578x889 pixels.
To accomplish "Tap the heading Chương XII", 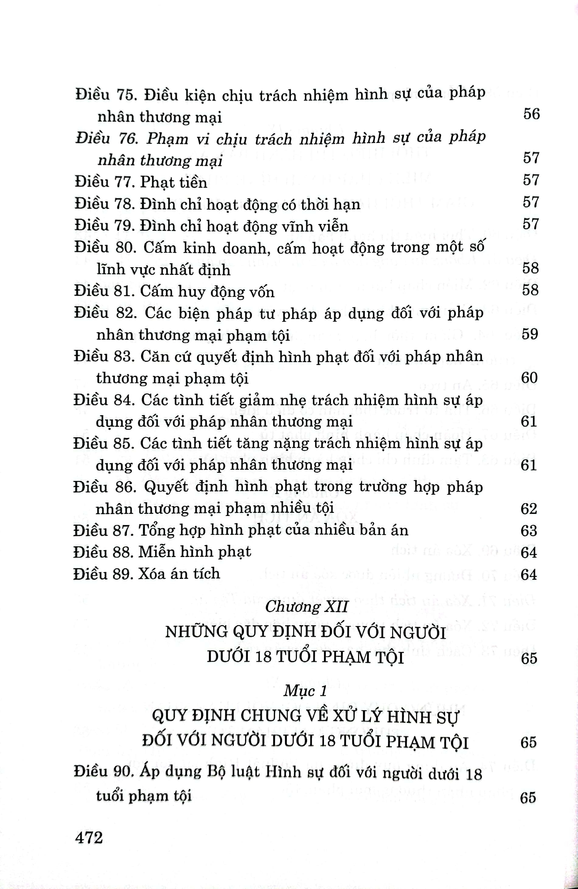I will tap(306, 607).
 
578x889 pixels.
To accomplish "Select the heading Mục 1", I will tap(305, 690).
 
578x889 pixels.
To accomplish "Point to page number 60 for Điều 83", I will tap(529, 378).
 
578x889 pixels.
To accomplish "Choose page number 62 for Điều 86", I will tap(529, 509).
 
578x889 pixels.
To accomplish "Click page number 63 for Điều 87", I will tap(529, 531).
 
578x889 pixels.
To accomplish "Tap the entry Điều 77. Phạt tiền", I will tap(141, 182).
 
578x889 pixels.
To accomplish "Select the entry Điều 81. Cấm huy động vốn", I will tap(174, 291).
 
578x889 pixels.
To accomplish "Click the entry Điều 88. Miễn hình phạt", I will tap(162, 552).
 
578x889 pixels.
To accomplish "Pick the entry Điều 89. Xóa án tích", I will tap(146, 573).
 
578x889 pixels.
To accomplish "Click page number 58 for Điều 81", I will tap(530, 290).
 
